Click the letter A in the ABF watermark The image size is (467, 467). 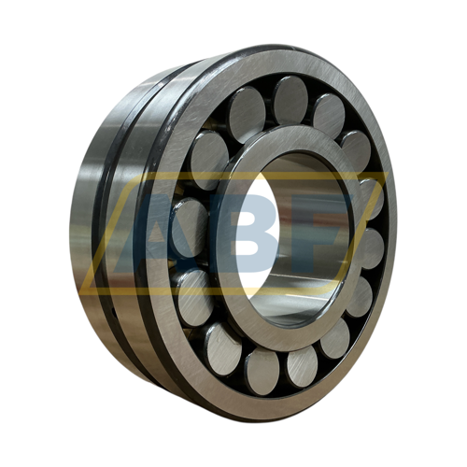coord(147,233)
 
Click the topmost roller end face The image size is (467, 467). coord(291,103)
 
